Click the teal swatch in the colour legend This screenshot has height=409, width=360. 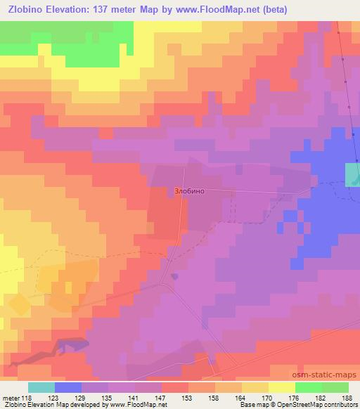click(x=41, y=387)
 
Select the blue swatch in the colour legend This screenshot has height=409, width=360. click(x=68, y=387)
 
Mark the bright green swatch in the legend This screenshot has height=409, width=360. click(x=309, y=387)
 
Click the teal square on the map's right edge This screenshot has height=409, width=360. click(x=352, y=173)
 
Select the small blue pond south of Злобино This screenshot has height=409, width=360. click(x=174, y=275)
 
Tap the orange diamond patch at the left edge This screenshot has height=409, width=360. click(x=20, y=303)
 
